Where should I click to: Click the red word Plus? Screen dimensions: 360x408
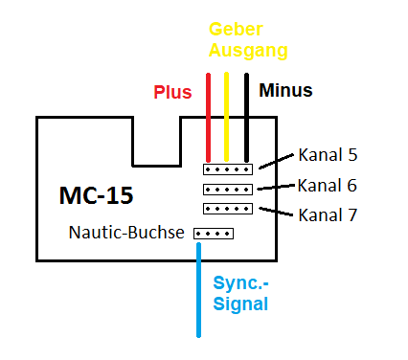[x=172, y=93]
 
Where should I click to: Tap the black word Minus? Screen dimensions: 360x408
[x=285, y=91]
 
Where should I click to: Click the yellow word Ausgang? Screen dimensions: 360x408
[x=248, y=50]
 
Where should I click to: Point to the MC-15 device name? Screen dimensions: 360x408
[x=96, y=196]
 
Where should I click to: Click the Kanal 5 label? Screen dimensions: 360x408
[x=328, y=154]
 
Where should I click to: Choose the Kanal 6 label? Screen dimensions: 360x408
[x=328, y=185]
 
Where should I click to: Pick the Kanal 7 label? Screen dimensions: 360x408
[x=328, y=214]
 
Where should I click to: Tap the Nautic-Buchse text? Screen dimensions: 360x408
[x=126, y=232]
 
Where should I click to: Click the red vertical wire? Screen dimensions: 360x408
[x=208, y=115]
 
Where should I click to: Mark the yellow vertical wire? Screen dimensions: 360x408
[x=226, y=115]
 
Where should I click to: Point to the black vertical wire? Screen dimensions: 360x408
[x=246, y=115]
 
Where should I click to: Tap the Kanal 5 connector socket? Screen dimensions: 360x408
[x=227, y=169]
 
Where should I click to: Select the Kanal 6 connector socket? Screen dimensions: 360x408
[x=227, y=189]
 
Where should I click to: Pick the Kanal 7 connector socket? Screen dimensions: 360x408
[x=227, y=208]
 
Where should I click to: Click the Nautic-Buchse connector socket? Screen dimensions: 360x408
[x=213, y=233]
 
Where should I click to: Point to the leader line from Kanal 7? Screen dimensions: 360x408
[x=273, y=212]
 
